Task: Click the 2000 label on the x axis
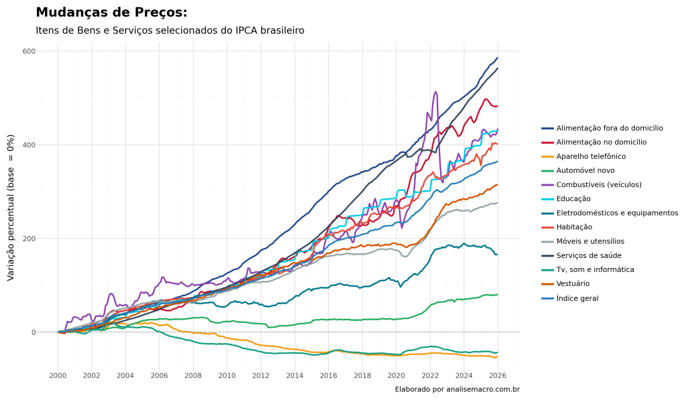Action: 58,376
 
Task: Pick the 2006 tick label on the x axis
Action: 159,376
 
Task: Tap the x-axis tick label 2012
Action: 261,376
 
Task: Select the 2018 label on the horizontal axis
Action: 362,376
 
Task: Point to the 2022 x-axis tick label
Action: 429,376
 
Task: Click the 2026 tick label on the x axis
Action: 497,376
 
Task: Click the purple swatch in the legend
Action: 548,185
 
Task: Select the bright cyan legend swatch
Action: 548,199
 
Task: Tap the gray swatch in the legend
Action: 548,242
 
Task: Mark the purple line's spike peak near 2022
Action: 435,92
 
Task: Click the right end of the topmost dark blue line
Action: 497,58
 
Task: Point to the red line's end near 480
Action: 497,107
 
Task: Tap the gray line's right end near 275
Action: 497,203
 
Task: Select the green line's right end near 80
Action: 497,295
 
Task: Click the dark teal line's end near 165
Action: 497,255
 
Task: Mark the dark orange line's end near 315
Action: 497,184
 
